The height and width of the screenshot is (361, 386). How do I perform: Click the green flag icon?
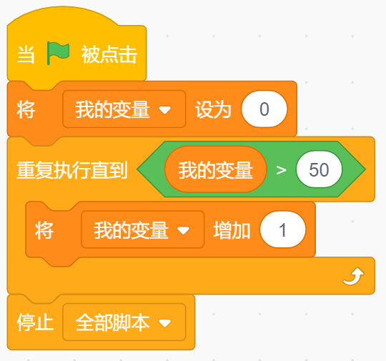[x=58, y=53]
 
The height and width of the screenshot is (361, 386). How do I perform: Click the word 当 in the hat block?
[x=26, y=54]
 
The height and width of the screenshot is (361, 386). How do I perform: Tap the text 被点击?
[x=109, y=54]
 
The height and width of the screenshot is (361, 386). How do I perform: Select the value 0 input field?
[x=264, y=109]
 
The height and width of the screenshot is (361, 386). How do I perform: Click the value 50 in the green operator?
[x=319, y=169]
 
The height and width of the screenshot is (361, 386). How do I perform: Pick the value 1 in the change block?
[x=282, y=229]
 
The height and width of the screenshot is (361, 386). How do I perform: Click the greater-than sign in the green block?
[x=281, y=170]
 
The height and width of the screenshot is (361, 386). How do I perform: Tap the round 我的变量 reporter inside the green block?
[x=216, y=169]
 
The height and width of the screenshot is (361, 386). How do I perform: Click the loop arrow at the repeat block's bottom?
[x=354, y=277]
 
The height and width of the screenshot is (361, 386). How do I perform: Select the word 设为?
[x=213, y=109]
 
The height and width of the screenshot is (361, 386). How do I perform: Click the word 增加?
[x=232, y=230]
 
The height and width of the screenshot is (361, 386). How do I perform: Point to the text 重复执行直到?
[x=72, y=170]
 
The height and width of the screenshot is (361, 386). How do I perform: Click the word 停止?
[x=35, y=322]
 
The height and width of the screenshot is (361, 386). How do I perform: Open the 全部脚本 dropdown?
[x=124, y=322]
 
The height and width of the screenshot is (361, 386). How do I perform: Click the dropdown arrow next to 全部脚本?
[x=164, y=322]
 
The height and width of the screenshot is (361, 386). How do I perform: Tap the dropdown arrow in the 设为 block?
[x=164, y=109]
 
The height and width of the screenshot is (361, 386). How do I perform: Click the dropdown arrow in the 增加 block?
[x=184, y=230]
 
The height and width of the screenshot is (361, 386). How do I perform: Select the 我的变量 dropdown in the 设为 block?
[x=124, y=109]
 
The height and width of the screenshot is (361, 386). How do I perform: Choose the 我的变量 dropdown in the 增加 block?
[x=143, y=229]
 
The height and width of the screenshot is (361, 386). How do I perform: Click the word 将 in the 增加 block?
[x=44, y=230]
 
